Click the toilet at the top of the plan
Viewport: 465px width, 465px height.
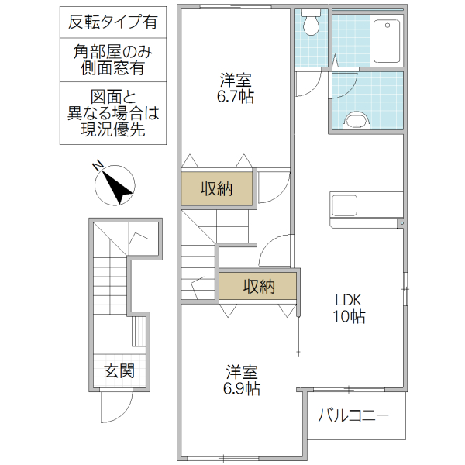click(x=312, y=24)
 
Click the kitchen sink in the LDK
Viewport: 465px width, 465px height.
click(x=345, y=206)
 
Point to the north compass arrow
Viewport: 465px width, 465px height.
click(x=114, y=184)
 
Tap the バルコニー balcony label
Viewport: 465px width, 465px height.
click(x=353, y=416)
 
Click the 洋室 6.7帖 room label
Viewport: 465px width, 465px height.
click(x=236, y=88)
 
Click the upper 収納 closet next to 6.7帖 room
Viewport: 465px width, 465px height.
click(x=217, y=188)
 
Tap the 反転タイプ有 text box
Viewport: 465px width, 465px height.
click(x=112, y=22)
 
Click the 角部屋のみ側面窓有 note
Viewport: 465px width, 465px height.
click(x=112, y=60)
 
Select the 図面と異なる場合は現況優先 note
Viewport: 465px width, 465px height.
click(x=112, y=114)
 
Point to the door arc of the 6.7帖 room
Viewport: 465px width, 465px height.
click(x=273, y=186)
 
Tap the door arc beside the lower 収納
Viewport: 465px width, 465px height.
click(x=274, y=252)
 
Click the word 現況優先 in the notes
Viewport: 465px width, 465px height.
click(x=112, y=130)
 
